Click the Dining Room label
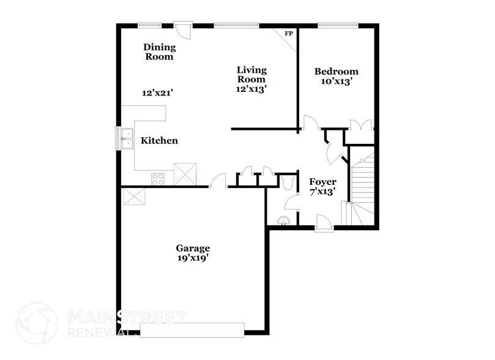coord(159,52)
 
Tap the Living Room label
coord(251,74)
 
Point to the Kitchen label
coord(159,141)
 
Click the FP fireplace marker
coord(289,34)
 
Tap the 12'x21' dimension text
coord(158,93)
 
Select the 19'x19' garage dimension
coord(193,258)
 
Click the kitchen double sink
coord(127,139)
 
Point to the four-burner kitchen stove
coord(158,179)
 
